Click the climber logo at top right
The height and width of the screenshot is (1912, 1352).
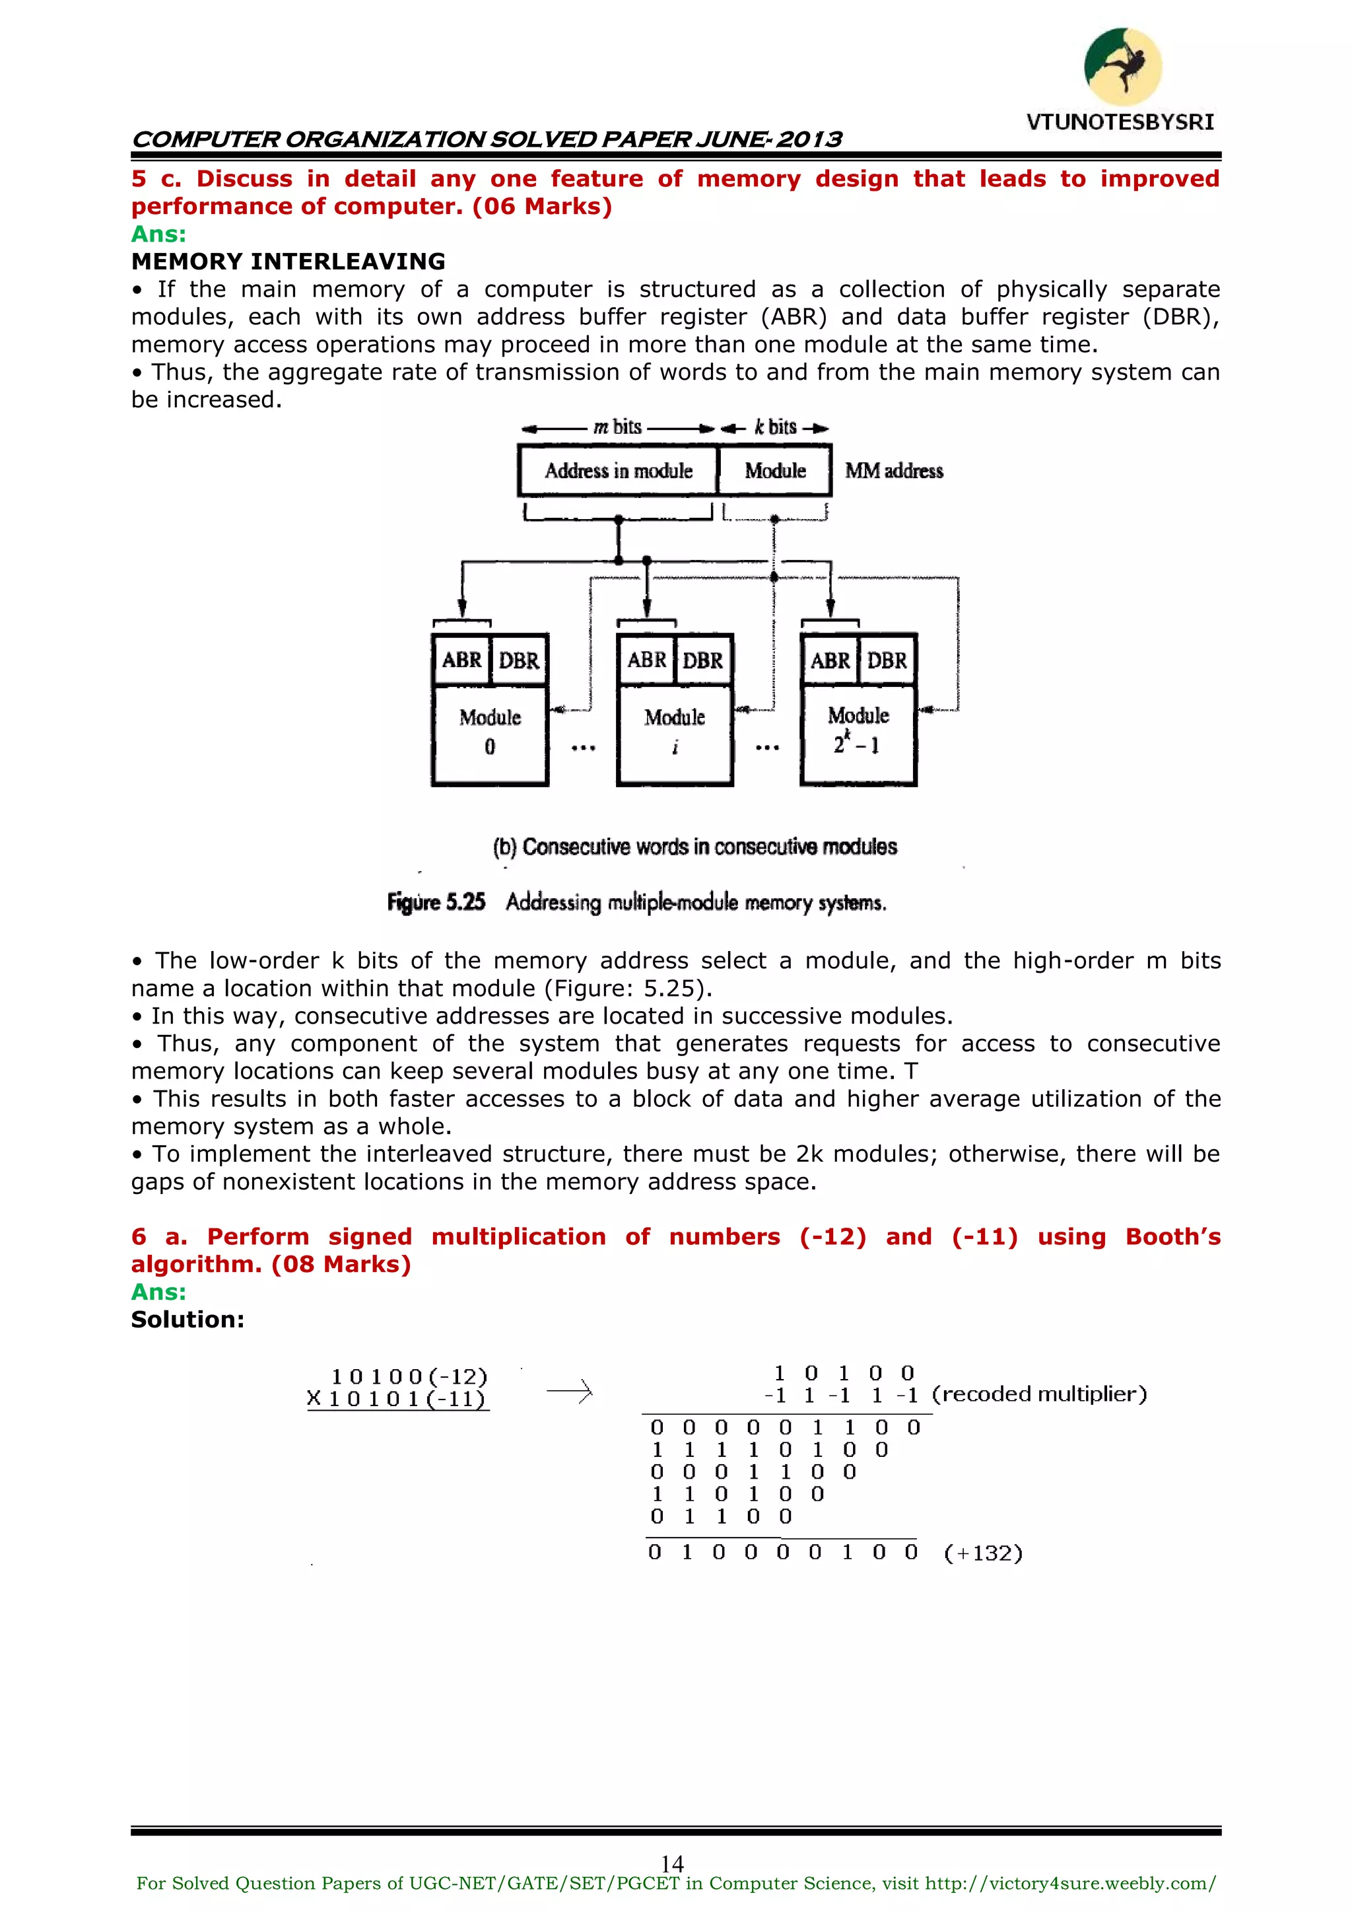point(1122,67)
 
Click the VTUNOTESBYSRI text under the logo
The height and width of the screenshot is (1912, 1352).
point(1120,122)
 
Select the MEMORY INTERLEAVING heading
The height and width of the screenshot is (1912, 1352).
point(288,262)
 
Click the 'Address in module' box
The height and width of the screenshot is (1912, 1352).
point(618,470)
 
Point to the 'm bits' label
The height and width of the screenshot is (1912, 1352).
point(617,427)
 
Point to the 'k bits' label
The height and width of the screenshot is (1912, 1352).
point(775,427)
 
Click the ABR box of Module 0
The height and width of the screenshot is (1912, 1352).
point(461,660)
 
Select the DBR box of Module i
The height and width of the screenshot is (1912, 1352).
point(702,660)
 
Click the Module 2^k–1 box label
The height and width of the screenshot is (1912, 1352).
point(858,730)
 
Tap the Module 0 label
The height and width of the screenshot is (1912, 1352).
point(490,730)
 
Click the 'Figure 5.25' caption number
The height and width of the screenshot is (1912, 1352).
point(436,903)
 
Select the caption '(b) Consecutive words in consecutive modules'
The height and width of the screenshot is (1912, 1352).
point(694,847)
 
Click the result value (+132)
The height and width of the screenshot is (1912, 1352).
point(982,1553)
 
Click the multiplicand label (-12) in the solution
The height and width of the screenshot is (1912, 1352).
point(458,1376)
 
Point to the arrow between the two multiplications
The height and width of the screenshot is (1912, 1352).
point(570,1391)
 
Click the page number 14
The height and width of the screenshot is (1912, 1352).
point(672,1863)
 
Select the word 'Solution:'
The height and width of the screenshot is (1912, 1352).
point(187,1320)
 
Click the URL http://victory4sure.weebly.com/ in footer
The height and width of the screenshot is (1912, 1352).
point(1069,1884)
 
